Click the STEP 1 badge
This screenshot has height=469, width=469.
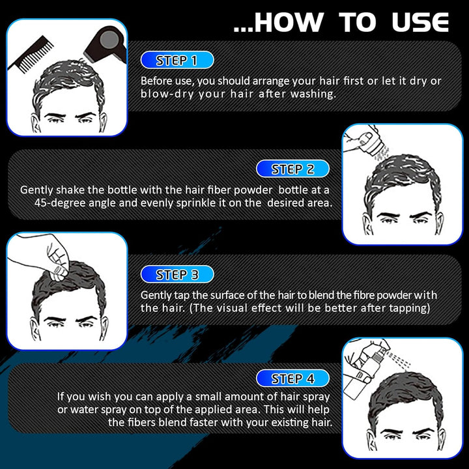(177, 61)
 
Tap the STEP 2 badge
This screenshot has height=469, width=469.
(292, 169)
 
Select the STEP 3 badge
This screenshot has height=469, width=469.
(177, 274)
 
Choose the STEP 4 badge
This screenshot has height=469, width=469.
(292, 378)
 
